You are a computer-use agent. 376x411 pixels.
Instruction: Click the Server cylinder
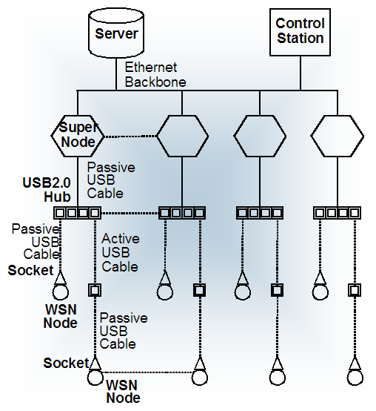116,33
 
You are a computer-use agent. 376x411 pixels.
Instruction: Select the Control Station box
300,32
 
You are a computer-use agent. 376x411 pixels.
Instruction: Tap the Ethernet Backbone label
155,75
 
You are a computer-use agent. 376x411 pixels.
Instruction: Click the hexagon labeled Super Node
78,136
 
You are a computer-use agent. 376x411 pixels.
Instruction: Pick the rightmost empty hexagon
337,136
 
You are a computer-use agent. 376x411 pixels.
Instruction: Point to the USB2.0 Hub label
47,190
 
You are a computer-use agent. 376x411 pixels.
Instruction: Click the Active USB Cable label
121,253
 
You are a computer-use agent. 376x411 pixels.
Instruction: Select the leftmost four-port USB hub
78,213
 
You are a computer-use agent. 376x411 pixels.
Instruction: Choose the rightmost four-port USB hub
337,213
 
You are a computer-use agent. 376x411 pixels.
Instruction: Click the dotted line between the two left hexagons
130,136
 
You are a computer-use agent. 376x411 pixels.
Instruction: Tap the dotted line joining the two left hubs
130,213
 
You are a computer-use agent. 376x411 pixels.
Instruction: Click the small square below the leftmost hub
95,290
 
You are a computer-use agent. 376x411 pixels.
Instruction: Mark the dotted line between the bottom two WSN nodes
147,372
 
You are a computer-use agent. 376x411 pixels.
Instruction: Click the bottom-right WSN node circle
355,377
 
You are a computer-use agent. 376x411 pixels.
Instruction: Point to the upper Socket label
30,270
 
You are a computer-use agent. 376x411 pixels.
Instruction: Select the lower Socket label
66,363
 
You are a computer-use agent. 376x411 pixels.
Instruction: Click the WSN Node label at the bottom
123,392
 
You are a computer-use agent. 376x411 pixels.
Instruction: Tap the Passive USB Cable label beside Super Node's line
111,180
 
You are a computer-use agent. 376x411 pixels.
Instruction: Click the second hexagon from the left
182,136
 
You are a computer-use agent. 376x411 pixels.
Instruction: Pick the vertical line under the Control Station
300,73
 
